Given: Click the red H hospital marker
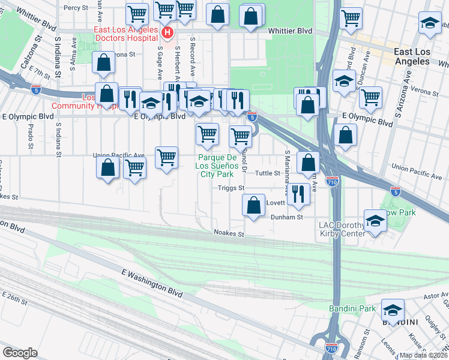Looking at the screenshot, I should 168,32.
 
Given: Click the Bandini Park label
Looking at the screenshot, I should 352,309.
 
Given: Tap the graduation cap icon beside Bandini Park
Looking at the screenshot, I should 393,310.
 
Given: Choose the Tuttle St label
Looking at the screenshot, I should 268,173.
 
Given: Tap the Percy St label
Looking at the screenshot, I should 76,8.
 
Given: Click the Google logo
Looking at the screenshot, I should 20,352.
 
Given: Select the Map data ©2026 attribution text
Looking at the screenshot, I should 423,355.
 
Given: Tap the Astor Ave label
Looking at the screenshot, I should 436,296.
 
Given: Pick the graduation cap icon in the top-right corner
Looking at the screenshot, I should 429,23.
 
